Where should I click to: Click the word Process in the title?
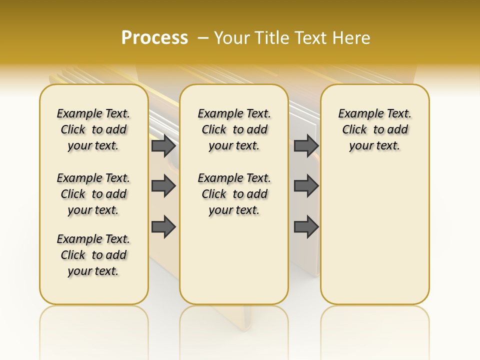click(x=154, y=37)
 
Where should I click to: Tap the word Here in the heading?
click(x=352, y=38)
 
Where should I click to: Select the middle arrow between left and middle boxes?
click(x=163, y=186)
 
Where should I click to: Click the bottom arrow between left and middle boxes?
click(x=163, y=227)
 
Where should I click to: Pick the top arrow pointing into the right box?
click(x=306, y=145)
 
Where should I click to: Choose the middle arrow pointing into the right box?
click(x=306, y=186)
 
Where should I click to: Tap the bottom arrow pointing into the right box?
click(x=306, y=227)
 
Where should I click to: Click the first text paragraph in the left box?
click(x=93, y=129)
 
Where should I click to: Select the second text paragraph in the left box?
click(x=93, y=194)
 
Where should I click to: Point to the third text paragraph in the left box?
click(x=93, y=255)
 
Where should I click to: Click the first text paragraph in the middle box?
click(x=234, y=129)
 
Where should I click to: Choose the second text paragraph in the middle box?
click(x=234, y=194)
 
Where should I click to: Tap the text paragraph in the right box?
click(x=374, y=129)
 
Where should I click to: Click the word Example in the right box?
click(x=357, y=114)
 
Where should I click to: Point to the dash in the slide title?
click(x=203, y=38)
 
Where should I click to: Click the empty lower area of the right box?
click(x=374, y=235)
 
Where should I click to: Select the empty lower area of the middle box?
click(x=234, y=260)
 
